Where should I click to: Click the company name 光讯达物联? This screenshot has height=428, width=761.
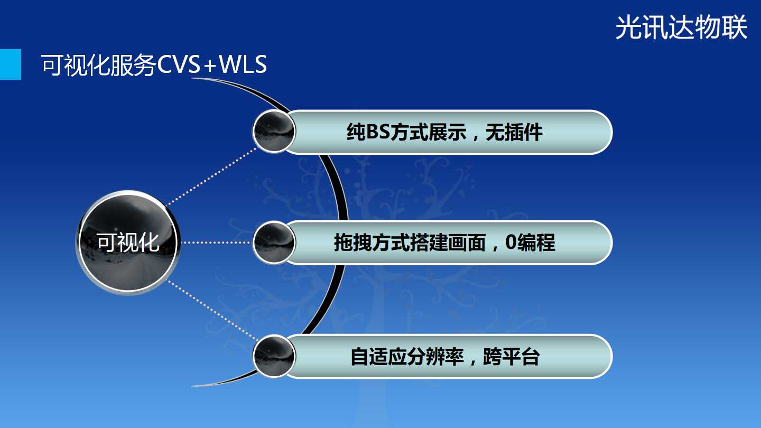(x=681, y=27)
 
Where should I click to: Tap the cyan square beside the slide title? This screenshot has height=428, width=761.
(x=11, y=64)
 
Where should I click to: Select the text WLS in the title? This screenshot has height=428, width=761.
(x=243, y=64)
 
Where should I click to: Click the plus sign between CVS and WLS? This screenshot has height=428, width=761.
(x=210, y=65)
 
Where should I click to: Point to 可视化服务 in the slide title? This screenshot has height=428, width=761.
(x=98, y=64)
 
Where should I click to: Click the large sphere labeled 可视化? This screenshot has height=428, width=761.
(x=128, y=243)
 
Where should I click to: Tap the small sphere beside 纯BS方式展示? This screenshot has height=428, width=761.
(x=274, y=131)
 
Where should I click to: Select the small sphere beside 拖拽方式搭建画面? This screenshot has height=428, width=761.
(x=274, y=243)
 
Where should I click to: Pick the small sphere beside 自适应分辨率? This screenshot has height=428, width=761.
(x=274, y=356)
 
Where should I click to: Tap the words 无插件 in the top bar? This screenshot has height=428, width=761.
(x=514, y=132)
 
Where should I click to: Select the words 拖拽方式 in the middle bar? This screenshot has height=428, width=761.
(x=372, y=243)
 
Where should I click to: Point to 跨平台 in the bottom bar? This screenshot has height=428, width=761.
(x=512, y=356)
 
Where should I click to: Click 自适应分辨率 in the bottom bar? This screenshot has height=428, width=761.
(x=407, y=356)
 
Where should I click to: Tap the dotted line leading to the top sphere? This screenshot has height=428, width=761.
(x=212, y=176)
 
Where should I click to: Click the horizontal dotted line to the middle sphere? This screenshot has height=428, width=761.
(x=216, y=243)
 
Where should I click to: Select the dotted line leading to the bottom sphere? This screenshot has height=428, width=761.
(x=212, y=310)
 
